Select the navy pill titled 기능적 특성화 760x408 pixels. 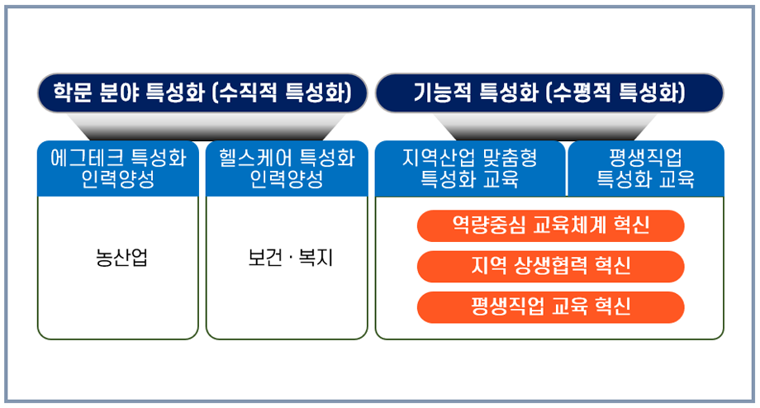pos(549,92)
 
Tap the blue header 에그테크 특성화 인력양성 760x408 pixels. pos(118,168)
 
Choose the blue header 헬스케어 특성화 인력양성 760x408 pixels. pos(287,168)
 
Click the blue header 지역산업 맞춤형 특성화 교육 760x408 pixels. pos(469,168)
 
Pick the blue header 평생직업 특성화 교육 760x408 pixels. pos(645,168)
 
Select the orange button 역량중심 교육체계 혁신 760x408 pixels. pos(551,225)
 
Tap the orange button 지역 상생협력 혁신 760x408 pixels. pos(551,265)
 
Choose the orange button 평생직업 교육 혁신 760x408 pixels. pos(551,306)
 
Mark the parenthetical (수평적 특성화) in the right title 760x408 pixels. pos(615,92)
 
